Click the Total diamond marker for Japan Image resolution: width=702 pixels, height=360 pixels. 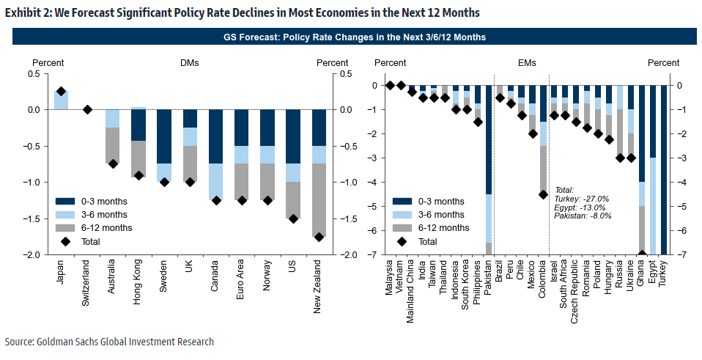[x=62, y=92]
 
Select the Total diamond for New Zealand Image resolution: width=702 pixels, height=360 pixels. [x=319, y=237]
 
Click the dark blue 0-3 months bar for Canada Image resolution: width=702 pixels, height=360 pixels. [x=216, y=136]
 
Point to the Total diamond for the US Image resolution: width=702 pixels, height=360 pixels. [x=293, y=218]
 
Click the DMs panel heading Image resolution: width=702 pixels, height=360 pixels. [x=190, y=63]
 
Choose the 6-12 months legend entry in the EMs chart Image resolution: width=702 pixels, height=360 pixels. [x=438, y=227]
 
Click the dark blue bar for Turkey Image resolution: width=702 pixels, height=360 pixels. [x=664, y=169]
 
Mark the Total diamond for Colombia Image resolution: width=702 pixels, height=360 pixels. [x=543, y=194]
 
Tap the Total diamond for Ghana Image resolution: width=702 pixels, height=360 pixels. [x=642, y=254]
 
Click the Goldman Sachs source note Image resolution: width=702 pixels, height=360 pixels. [x=110, y=342]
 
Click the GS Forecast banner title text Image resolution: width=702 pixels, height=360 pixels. [x=354, y=37]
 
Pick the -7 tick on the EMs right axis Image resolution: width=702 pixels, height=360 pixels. [x=679, y=255]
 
